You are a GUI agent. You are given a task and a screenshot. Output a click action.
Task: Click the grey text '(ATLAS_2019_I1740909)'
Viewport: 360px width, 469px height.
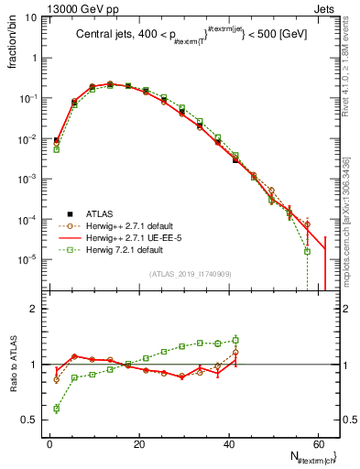click(190, 274)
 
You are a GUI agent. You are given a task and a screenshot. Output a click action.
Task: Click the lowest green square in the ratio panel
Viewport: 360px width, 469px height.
click(56, 409)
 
